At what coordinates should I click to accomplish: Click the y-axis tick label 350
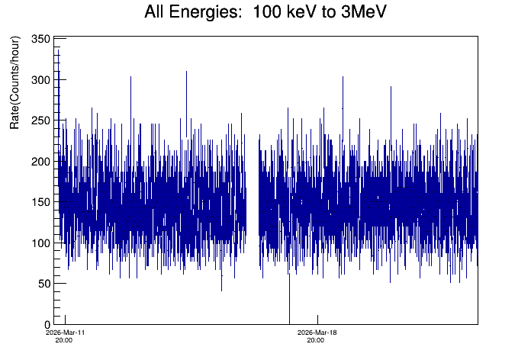click(40, 39)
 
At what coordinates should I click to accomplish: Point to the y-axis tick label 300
click(40, 80)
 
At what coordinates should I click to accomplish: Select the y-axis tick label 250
click(40, 121)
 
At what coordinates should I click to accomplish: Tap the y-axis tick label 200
click(40, 162)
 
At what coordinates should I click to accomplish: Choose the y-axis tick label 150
click(40, 202)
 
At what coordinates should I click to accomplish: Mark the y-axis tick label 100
click(40, 243)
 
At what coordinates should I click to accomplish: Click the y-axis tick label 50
click(43, 284)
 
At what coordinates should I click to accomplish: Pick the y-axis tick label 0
click(47, 325)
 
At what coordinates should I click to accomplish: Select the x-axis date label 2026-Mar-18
click(315, 333)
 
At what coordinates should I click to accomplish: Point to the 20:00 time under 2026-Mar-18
click(315, 341)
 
